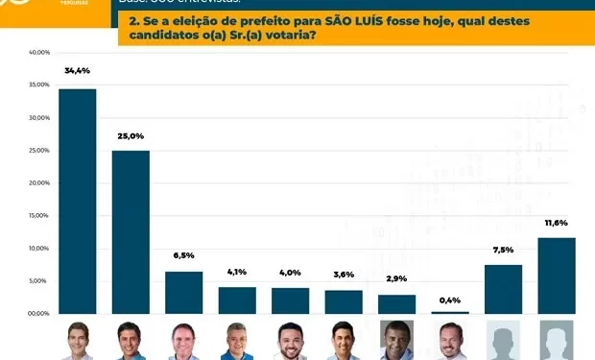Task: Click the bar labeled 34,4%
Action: point(77,202)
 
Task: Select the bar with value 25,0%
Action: point(131,232)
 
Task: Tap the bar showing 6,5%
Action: point(184,293)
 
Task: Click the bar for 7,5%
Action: point(503,289)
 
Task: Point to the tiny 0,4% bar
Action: point(450,312)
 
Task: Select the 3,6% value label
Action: point(344,275)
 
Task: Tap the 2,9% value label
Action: point(397,278)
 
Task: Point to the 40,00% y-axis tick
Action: point(38,53)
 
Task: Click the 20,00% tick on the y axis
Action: point(38,183)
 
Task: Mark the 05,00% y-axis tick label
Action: point(38,281)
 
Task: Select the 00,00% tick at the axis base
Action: point(38,314)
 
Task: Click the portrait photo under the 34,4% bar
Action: point(77,341)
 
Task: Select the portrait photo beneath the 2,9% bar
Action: point(397,341)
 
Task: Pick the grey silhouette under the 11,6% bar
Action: point(557,341)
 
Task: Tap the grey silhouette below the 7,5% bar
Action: point(503,341)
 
